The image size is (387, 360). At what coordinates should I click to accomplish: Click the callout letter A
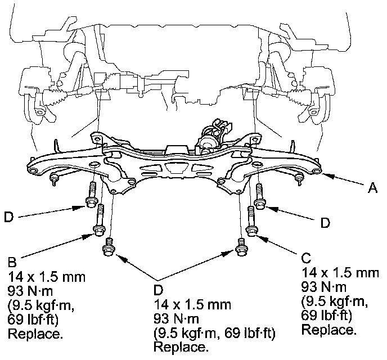372,190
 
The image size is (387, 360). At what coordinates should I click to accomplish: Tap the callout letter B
12,262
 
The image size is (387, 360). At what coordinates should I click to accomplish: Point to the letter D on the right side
325,223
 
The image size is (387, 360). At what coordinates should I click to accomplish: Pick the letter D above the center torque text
159,291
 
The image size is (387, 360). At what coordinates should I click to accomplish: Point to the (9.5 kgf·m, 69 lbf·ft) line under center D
214,335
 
